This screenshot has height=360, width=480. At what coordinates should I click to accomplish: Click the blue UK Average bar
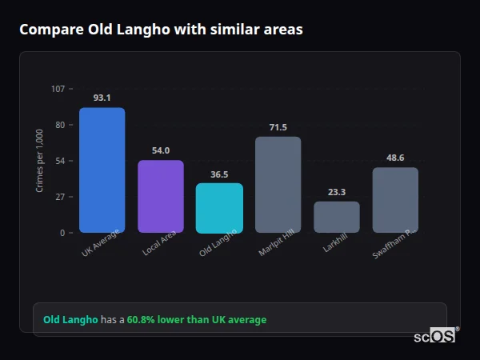(102, 170)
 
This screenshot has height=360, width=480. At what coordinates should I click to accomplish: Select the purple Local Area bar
(161, 197)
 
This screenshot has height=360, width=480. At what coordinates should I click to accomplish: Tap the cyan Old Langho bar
(219, 208)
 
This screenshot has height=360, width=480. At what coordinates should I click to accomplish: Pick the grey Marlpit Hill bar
(278, 185)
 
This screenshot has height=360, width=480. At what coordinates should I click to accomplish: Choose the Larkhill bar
(337, 217)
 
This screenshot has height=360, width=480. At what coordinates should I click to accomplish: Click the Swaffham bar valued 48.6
(395, 200)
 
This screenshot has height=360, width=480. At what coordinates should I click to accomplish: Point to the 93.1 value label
(102, 98)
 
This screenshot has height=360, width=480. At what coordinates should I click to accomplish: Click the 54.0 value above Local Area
(161, 150)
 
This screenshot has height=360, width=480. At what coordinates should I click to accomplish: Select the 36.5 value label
(219, 174)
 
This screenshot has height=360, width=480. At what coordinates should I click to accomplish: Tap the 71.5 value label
(278, 127)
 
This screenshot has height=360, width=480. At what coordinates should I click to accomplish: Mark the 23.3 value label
(337, 192)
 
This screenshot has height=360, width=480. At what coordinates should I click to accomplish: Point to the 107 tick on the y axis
(58, 88)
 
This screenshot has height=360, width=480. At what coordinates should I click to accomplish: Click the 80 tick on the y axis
(60, 125)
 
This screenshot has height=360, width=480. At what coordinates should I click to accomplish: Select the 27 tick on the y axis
(60, 197)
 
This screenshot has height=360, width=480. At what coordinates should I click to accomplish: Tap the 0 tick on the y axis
(62, 233)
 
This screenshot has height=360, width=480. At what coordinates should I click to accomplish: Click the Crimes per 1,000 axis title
(40, 161)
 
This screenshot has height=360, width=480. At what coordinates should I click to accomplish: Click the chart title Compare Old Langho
(161, 30)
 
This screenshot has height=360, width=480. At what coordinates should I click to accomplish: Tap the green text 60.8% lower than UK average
(197, 320)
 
